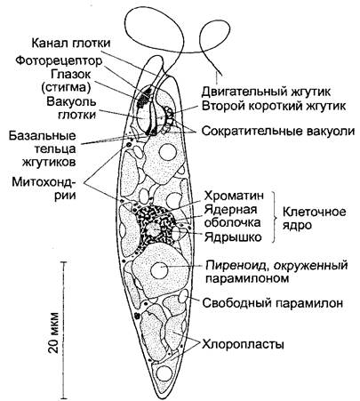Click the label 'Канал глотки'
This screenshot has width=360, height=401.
[x=71, y=44]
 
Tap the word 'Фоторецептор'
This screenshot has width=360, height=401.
[x=59, y=60]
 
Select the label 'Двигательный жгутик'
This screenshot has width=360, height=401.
[x=266, y=92]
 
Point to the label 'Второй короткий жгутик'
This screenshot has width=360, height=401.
[x=274, y=106]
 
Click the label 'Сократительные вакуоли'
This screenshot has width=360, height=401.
[x=278, y=131]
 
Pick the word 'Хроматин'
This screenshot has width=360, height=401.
[x=234, y=196]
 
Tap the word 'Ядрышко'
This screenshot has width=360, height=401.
[x=233, y=237]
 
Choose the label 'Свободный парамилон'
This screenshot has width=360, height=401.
[x=273, y=303]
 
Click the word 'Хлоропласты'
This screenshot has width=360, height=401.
[x=243, y=345]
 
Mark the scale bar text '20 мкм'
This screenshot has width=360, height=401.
[x=53, y=333]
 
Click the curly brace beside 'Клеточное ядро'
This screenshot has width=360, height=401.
[x=274, y=217]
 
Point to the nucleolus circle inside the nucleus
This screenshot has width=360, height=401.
[x=153, y=229]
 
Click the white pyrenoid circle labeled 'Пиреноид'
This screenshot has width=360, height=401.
[x=160, y=270]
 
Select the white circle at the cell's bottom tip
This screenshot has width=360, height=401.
[x=164, y=373]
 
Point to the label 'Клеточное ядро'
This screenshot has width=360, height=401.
[x=314, y=219]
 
